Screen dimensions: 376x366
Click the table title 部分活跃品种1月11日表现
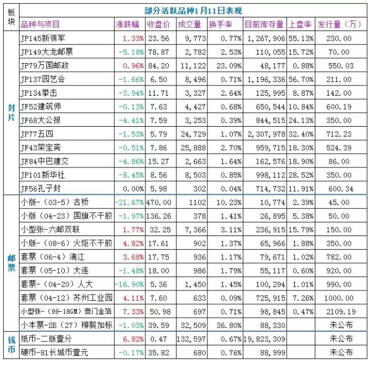tap(193, 11)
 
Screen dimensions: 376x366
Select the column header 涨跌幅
tap(127, 24)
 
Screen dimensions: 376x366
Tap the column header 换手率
tap(220, 24)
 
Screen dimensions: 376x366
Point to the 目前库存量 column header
tap(264, 24)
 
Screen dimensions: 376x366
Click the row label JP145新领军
tap(42, 39)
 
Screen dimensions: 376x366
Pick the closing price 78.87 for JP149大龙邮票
tap(158, 52)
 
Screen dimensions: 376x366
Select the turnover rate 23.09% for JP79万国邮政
tap(229, 66)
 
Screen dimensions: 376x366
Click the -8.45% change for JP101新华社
tap(131, 175)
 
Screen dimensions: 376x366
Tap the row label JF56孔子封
tap(40, 189)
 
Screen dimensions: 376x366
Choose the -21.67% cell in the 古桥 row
tap(130, 202)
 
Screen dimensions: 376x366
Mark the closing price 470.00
tap(159, 202)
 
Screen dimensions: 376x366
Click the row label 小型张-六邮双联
tap(50, 229)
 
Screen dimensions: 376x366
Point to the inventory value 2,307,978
tap(267, 134)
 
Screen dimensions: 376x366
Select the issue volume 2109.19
tap(341, 312)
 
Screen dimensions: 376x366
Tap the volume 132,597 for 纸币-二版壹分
tap(191, 339)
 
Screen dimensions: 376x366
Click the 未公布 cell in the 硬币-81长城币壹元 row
tap(341, 352)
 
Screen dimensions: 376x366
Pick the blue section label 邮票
tap(11, 263)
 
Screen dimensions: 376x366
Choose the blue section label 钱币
tap(11, 345)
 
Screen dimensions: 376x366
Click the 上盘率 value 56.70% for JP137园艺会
tap(301, 79)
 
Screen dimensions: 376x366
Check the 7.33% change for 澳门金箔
tap(133, 312)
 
